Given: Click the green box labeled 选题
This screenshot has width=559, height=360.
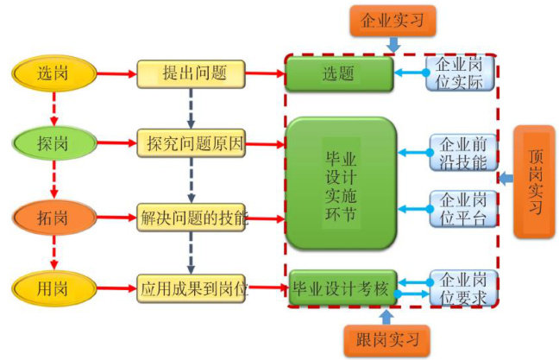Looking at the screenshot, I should [x=339, y=73].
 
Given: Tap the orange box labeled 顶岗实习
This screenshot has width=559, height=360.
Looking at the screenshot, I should [x=534, y=181].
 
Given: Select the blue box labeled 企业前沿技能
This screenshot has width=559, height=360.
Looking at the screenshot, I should [x=464, y=153].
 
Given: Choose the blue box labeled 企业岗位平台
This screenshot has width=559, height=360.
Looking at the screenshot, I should [x=464, y=208].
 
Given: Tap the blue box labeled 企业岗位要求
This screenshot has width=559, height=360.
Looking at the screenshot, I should [x=464, y=287].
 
